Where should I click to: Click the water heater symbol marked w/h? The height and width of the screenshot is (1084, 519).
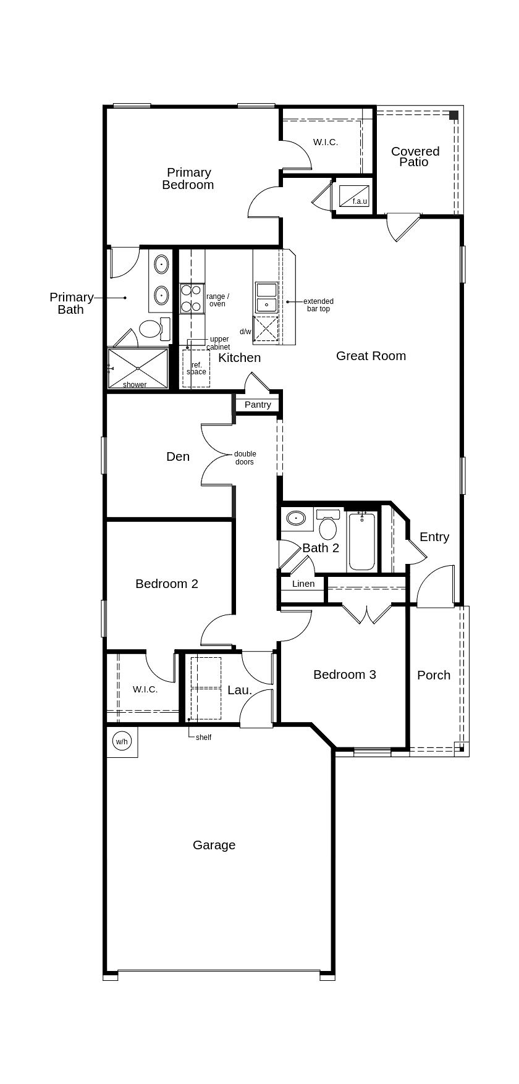(x=122, y=741)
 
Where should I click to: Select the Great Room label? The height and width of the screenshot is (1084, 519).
(x=371, y=356)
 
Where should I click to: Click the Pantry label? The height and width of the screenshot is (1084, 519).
(x=258, y=405)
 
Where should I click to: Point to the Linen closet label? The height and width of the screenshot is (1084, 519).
(x=303, y=584)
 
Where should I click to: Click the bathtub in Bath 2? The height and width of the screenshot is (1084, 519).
(x=361, y=541)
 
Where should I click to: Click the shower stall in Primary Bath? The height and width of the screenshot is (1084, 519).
(x=138, y=369)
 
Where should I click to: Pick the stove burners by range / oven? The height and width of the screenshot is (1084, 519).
(x=192, y=298)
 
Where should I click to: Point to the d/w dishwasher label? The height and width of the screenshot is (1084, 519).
(x=246, y=332)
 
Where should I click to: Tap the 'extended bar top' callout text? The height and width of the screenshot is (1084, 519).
(x=318, y=305)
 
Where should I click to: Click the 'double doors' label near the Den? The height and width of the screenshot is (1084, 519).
(x=245, y=458)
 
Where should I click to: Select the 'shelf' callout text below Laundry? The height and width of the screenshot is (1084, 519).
(x=203, y=737)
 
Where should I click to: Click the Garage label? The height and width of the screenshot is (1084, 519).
(x=214, y=845)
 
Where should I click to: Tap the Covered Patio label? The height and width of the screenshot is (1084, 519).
(x=415, y=156)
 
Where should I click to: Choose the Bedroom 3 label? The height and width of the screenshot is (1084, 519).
(x=344, y=674)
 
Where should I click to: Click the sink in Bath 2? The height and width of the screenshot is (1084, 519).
(x=297, y=518)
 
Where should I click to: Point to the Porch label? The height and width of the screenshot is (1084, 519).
(x=434, y=675)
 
